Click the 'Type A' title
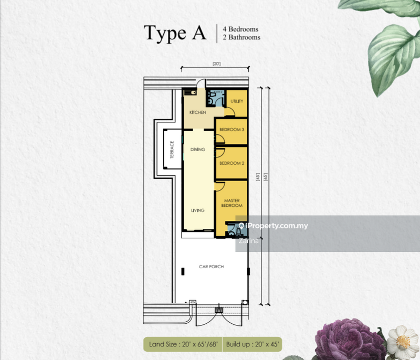[175, 33]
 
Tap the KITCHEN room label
[198, 112]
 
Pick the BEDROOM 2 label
[232, 163]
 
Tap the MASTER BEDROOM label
[232, 203]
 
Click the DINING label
[198, 150]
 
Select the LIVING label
[197, 210]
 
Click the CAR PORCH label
[211, 267]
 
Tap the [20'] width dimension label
[216, 63]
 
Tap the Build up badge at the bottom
[253, 345]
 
